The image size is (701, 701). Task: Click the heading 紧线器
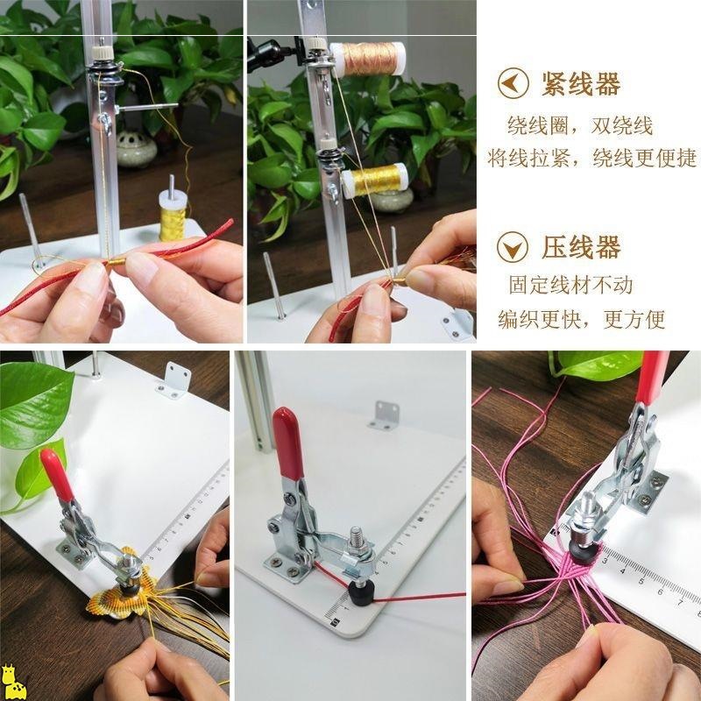[581, 84]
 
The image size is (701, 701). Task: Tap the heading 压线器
[581, 247]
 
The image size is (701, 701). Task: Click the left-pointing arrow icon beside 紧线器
[513, 83]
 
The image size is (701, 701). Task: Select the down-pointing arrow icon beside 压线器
[513, 247]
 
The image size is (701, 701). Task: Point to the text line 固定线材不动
[570, 285]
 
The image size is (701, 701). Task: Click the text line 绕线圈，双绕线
[580, 126]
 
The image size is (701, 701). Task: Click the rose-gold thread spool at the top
[367, 59]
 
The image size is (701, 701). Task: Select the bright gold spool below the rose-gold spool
[376, 181]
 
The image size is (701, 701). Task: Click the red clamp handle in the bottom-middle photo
[288, 443]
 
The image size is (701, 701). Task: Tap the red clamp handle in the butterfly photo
[57, 475]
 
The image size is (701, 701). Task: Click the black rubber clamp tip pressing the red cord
[360, 592]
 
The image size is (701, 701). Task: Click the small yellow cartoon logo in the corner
[13, 682]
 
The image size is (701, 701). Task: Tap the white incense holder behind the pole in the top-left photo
[136, 149]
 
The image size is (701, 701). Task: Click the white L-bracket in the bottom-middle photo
[384, 415]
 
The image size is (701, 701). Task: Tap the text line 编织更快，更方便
[582, 319]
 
